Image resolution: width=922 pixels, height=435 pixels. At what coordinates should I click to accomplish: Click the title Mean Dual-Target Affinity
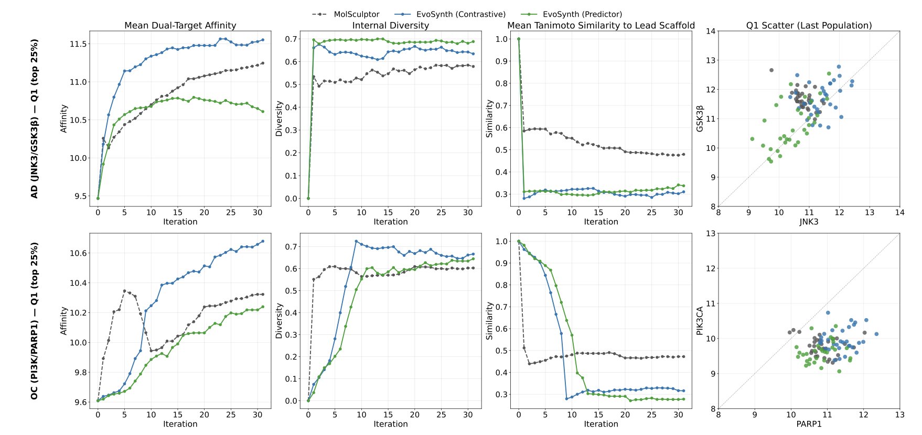click(x=180, y=25)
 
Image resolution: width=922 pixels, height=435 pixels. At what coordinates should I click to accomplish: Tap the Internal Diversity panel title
click(x=390, y=25)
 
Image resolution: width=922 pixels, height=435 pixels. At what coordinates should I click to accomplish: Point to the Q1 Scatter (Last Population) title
click(x=809, y=25)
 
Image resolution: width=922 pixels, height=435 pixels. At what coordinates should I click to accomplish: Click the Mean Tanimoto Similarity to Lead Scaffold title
click(x=601, y=25)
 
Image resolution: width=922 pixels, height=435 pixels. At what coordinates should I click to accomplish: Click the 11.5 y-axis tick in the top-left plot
click(x=78, y=44)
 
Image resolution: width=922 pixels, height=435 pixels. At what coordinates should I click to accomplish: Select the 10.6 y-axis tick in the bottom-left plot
click(x=78, y=253)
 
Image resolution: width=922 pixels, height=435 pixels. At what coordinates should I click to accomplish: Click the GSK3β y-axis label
click(x=699, y=118)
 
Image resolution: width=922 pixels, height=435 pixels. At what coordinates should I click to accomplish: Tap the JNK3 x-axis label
click(x=809, y=222)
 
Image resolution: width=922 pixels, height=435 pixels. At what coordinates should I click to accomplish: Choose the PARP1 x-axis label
click(x=809, y=424)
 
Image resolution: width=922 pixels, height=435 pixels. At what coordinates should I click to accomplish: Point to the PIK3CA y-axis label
click(x=699, y=321)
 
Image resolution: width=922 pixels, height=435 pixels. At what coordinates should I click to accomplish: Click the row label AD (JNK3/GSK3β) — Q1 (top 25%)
click(x=35, y=118)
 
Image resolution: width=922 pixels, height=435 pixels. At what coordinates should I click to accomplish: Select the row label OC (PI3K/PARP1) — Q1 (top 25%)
click(x=35, y=321)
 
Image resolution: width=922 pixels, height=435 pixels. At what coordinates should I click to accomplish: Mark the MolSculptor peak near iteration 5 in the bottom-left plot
click(x=124, y=291)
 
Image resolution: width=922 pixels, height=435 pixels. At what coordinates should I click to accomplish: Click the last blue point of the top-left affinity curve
click(x=262, y=40)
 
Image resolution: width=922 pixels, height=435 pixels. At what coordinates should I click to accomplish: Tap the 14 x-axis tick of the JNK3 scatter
click(x=899, y=213)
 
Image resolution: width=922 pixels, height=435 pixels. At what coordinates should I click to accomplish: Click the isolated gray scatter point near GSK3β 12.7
click(x=771, y=70)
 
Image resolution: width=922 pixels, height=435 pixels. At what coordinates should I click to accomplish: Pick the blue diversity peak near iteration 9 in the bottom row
click(x=356, y=242)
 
